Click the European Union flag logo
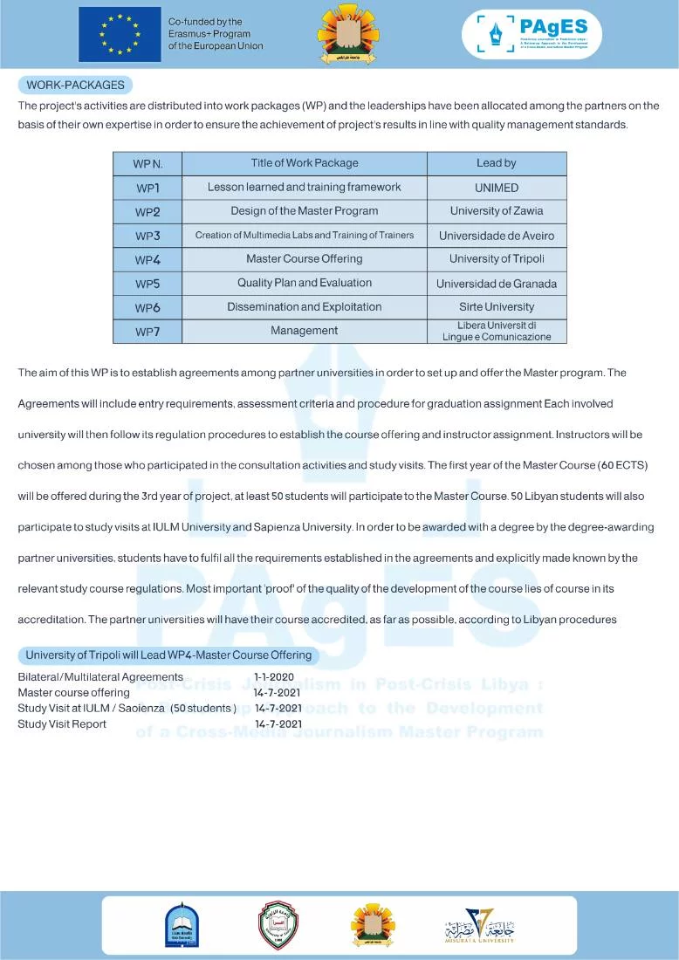click(x=120, y=35)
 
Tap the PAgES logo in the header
click(x=532, y=35)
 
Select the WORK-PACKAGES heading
click(x=75, y=86)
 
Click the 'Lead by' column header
click(x=496, y=163)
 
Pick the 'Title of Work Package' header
click(x=305, y=163)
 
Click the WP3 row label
click(x=147, y=236)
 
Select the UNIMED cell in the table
click(x=496, y=188)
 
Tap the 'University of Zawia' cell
click(x=496, y=211)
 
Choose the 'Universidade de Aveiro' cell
click(x=496, y=236)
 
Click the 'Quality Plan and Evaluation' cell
click(x=305, y=283)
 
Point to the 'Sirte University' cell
click(x=496, y=306)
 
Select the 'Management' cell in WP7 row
click(x=305, y=331)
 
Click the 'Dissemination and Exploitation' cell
click(x=305, y=306)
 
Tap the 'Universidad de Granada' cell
click(x=496, y=284)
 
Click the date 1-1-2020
click(x=274, y=676)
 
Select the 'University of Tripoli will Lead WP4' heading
click(x=168, y=655)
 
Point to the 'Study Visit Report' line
click(x=62, y=723)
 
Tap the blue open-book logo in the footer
click(x=182, y=925)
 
